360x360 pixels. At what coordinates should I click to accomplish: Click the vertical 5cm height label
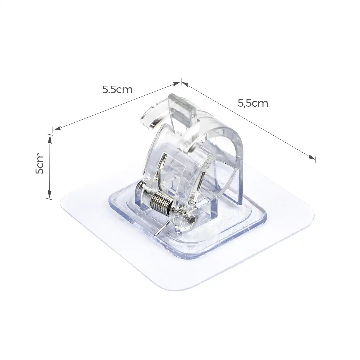[40, 163]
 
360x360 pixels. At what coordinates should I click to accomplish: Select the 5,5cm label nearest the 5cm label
[117, 89]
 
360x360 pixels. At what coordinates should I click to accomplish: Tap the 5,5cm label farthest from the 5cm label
[253, 103]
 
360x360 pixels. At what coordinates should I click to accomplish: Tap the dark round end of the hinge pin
[192, 220]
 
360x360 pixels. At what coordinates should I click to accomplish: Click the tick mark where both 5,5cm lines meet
[181, 82]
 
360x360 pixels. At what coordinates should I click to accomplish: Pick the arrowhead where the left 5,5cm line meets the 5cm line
[56, 129]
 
